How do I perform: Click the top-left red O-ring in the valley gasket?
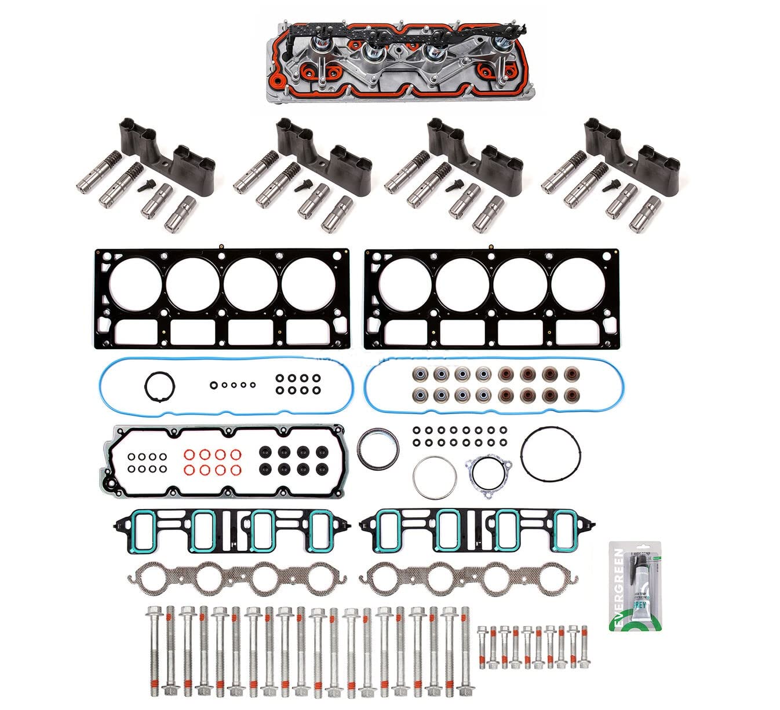pyautogui.click(x=189, y=455)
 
